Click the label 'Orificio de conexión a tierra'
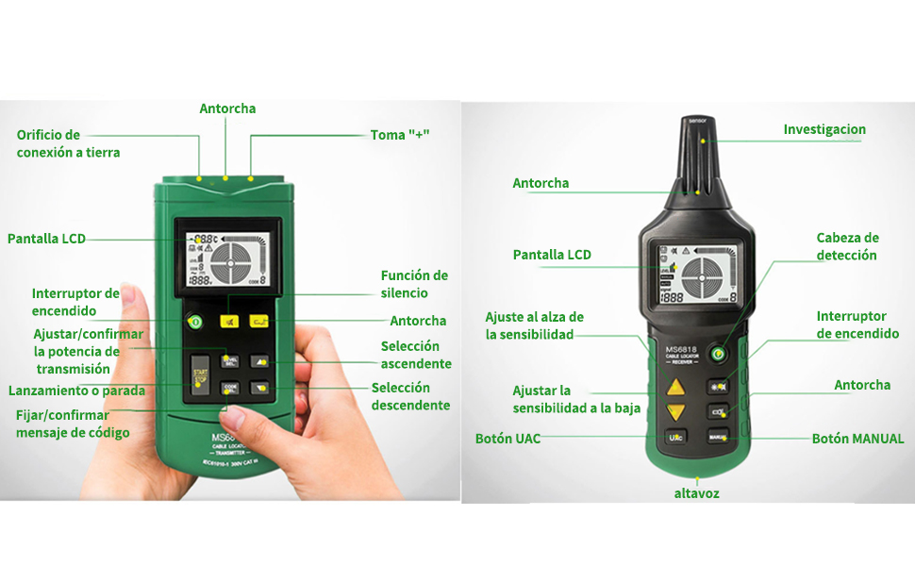68,143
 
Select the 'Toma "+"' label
400,135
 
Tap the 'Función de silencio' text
414,284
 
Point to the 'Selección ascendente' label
416,355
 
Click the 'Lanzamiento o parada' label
75,391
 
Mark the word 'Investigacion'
824,129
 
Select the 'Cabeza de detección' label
847,246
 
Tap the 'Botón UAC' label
507,439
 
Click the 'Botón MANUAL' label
857,439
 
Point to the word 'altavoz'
696,493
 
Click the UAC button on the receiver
675,437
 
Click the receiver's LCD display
696,274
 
